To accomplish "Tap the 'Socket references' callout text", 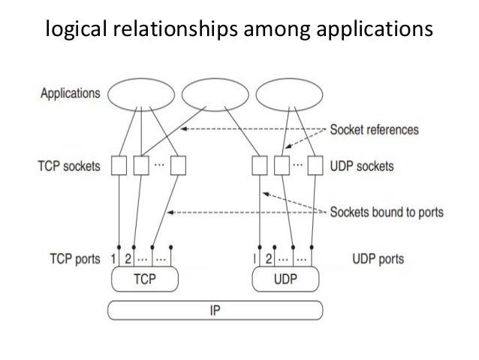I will (375, 129).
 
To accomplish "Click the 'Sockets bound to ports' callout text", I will (386, 212).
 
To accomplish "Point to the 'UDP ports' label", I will (378, 259).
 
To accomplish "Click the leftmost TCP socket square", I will (119, 165).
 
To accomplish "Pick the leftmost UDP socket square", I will (260, 165).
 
